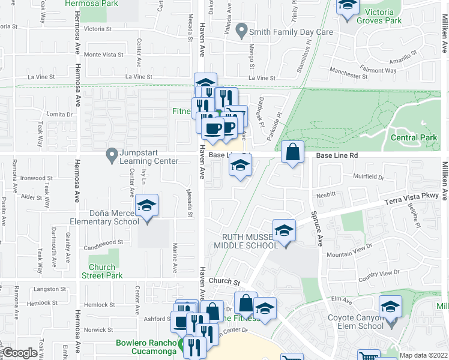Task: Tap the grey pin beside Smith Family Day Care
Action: [242, 29]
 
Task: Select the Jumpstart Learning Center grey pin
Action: [111, 155]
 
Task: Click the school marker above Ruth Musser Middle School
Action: [284, 230]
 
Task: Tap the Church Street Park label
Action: [106, 271]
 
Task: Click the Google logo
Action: [20, 352]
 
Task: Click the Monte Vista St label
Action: [103, 55]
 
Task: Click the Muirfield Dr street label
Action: [368, 178]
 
